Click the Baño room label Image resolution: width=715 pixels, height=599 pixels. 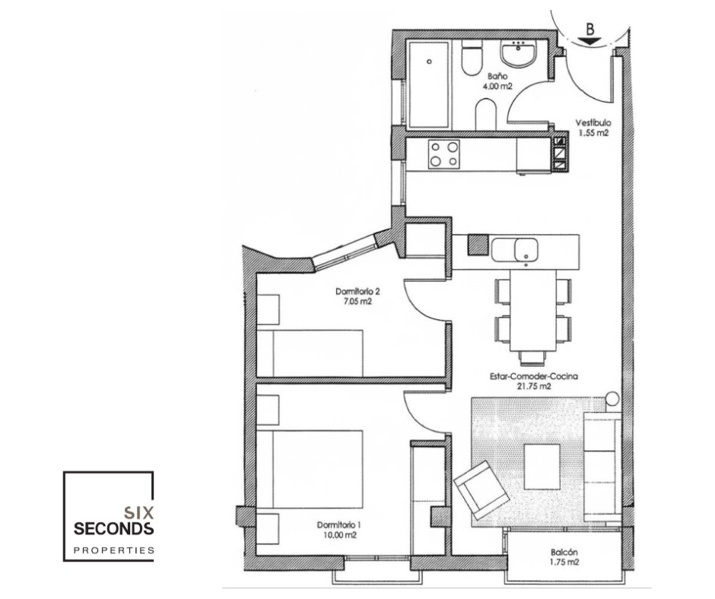(497, 76)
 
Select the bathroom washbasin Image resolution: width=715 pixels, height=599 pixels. (519, 54)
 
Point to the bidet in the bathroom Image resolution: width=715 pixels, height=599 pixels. (486, 115)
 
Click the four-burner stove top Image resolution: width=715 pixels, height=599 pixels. (444, 154)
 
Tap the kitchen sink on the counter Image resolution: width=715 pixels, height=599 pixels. (514, 249)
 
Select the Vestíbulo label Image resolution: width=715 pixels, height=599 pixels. (593, 122)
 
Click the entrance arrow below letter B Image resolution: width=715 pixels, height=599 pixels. (590, 41)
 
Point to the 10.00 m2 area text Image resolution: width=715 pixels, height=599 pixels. (338, 535)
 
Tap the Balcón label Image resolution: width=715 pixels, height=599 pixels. (564, 552)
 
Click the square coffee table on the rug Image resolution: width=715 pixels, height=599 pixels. (542, 467)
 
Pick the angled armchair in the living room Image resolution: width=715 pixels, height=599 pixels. (481, 490)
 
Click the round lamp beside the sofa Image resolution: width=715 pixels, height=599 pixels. (613, 399)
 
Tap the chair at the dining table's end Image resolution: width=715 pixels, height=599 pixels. (533, 358)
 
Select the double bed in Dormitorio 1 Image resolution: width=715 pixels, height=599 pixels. (310, 470)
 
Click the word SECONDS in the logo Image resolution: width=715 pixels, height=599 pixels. (113, 529)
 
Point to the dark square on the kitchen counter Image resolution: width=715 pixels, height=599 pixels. (478, 245)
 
